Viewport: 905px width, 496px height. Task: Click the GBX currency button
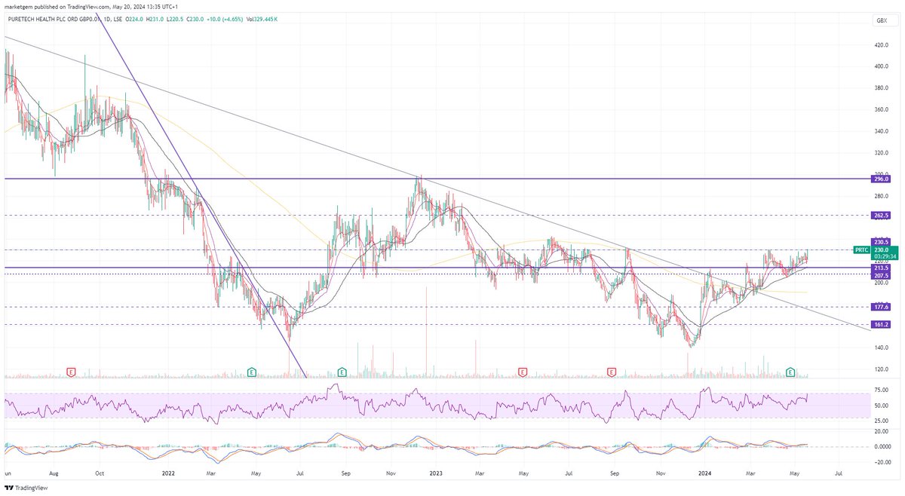[x=880, y=20]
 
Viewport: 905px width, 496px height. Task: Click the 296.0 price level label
[x=882, y=179]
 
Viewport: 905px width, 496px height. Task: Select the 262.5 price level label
[x=882, y=215]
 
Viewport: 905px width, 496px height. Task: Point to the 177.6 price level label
[x=882, y=307]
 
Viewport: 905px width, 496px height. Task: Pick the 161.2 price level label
[x=882, y=324]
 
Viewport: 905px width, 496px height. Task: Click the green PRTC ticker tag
[x=862, y=249]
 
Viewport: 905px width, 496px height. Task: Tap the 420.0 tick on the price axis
[x=881, y=45]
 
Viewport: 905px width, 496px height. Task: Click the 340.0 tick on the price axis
[x=881, y=131]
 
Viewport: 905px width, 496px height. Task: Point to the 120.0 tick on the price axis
[x=881, y=369]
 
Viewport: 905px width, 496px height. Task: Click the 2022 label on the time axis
[x=168, y=474]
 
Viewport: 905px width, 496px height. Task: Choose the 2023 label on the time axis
[x=437, y=474]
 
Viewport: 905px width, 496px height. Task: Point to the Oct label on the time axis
[x=100, y=474]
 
